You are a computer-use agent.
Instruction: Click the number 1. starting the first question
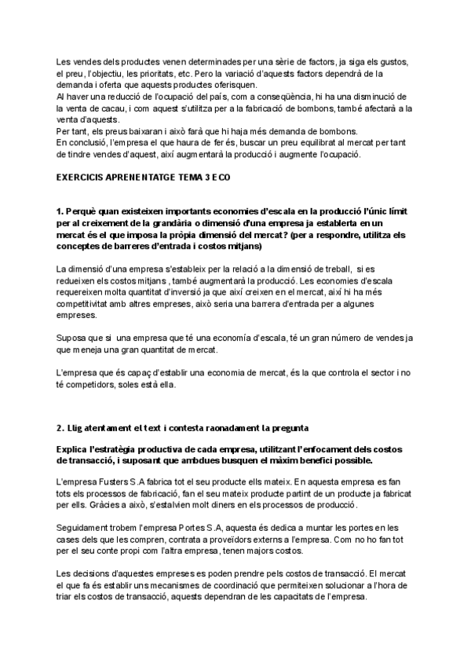pyautogui.click(x=60, y=212)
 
